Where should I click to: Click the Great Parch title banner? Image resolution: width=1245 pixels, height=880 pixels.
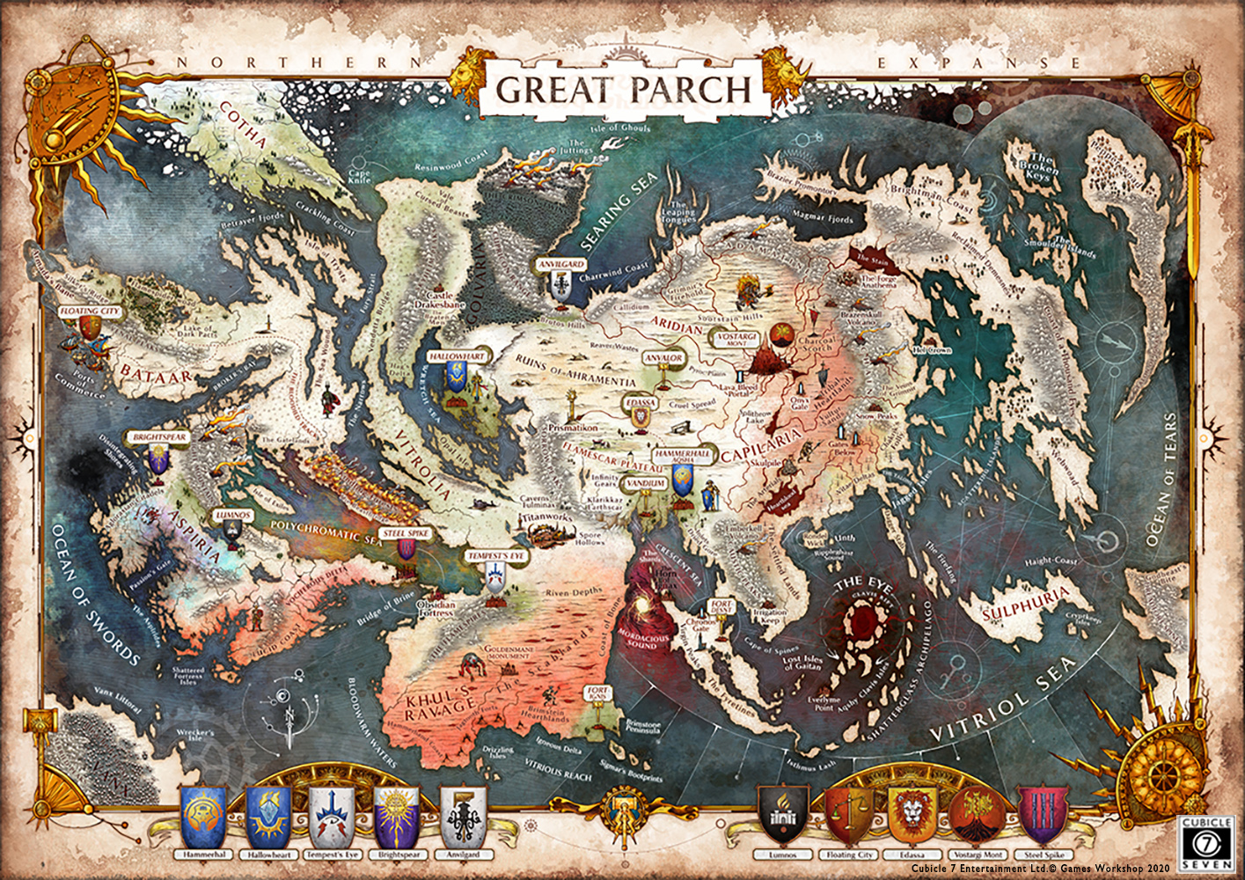(623, 90)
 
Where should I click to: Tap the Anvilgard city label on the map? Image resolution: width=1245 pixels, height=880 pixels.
(561, 264)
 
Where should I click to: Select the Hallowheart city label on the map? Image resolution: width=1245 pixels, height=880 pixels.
(457, 356)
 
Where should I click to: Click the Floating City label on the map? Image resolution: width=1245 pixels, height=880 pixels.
(89, 312)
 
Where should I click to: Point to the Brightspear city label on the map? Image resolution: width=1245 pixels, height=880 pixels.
(158, 436)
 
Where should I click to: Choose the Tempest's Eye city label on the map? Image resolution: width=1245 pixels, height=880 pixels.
(496, 556)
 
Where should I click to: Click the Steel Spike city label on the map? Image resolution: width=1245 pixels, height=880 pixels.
(406, 533)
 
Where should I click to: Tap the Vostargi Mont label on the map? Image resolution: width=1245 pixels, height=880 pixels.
(736, 339)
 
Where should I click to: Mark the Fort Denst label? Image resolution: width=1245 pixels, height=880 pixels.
(721, 607)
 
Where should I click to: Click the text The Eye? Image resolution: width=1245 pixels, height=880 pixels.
(862, 583)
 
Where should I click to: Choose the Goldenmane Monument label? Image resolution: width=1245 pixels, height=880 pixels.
(509, 652)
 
